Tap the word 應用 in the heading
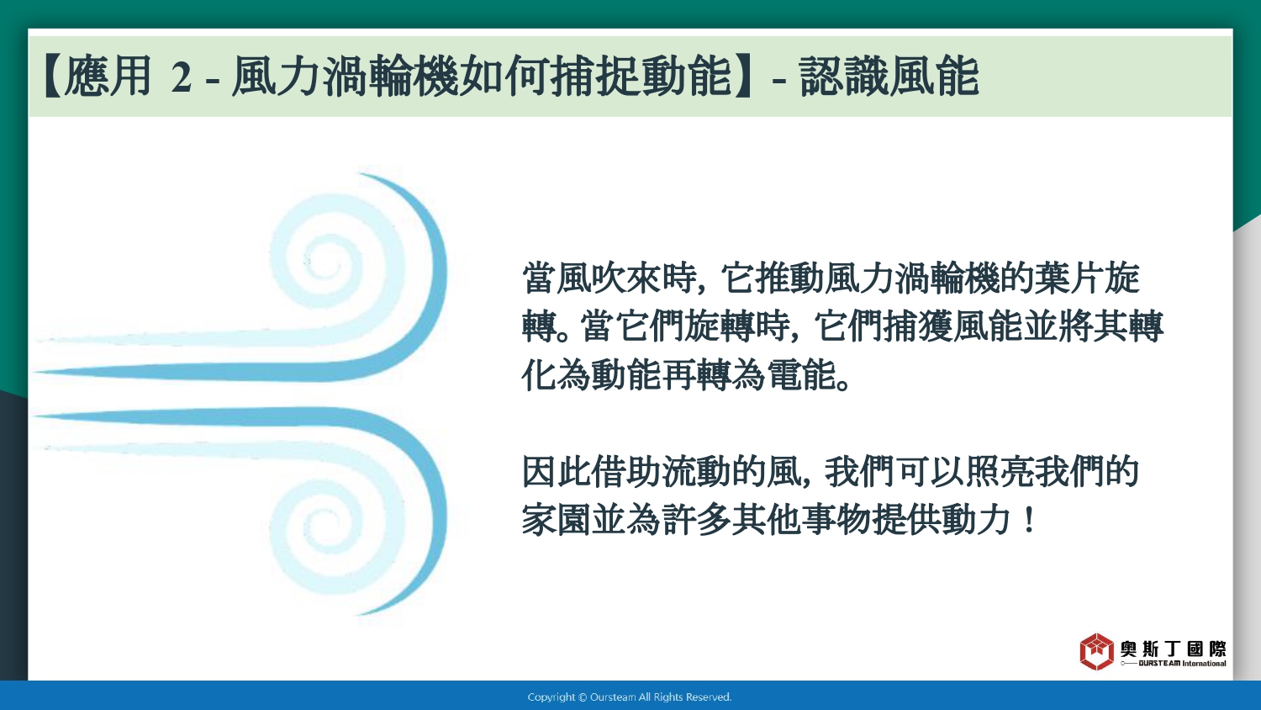[x=108, y=76]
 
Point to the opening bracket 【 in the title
[x=51, y=77]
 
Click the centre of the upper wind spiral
[x=324, y=262]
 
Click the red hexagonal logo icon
[x=1096, y=651]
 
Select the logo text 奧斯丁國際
[x=1173, y=649]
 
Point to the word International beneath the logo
[x=1204, y=664]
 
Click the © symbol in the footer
[x=583, y=697]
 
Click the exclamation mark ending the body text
[x=1029, y=520]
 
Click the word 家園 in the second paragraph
[x=557, y=520]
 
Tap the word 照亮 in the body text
[x=1000, y=471]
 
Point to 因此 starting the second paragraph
[x=557, y=471]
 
